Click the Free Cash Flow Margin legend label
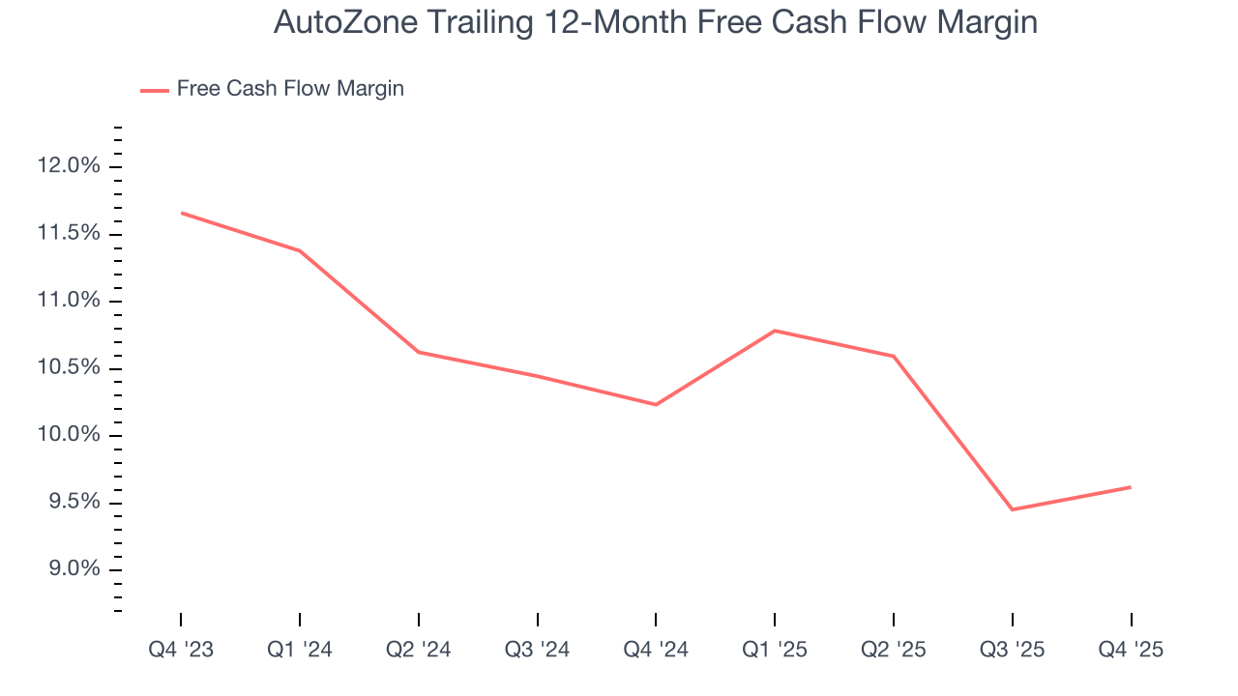[x=290, y=89]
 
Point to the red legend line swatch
[x=155, y=90]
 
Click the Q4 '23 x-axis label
[x=181, y=650]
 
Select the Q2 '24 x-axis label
[x=419, y=650]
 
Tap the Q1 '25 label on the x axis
[x=775, y=650]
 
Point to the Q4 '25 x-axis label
[x=1131, y=650]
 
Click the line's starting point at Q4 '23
[x=181, y=213]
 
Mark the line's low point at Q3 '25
[x=1012, y=509]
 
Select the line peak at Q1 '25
[x=775, y=331]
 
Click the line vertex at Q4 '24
[x=656, y=404]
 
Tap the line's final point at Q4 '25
[x=1131, y=487]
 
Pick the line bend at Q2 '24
[x=419, y=352]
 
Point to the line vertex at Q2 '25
[x=894, y=356]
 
